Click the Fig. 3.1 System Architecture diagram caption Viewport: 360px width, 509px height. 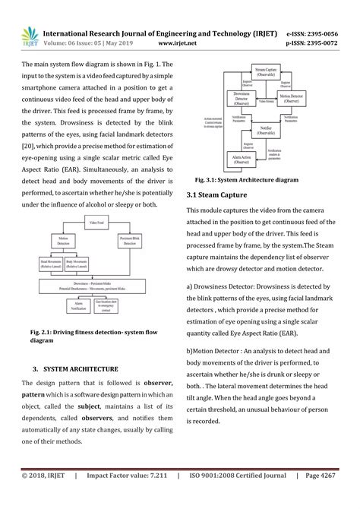(247, 180)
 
